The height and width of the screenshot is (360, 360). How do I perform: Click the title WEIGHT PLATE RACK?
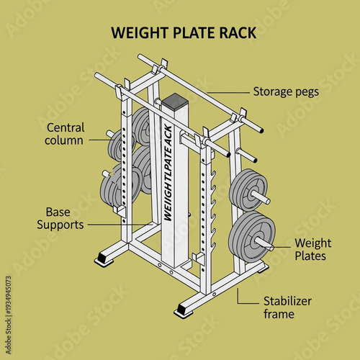tap(183, 33)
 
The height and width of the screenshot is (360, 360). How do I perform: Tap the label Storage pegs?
tap(286, 91)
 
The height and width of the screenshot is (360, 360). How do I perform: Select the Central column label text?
tap(65, 133)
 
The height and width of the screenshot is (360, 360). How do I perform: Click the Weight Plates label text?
tap(312, 249)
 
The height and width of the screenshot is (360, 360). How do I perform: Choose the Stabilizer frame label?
tap(289, 308)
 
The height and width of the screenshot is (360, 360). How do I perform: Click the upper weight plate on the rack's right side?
tap(247, 190)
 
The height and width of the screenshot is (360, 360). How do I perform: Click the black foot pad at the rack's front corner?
tap(184, 311)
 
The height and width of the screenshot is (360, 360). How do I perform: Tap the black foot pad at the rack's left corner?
tap(104, 258)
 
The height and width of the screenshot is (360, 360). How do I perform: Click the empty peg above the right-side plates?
tap(246, 155)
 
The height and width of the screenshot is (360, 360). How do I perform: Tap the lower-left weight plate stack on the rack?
tap(120, 184)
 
